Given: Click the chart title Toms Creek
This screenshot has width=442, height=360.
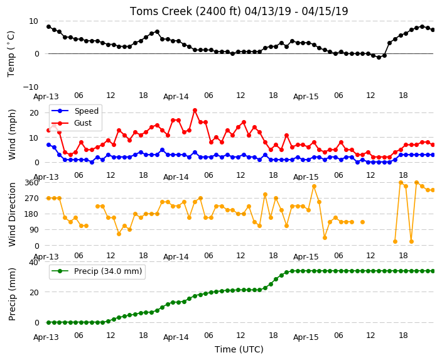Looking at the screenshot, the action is point(239,11).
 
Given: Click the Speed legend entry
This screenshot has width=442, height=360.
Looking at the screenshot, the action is point(75,111).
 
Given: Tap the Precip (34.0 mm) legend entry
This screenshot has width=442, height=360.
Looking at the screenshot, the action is point(97,271).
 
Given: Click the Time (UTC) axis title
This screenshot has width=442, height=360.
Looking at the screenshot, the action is point(239,349).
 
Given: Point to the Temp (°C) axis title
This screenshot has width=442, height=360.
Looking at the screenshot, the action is point(11,54).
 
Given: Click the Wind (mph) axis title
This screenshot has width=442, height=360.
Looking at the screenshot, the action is point(12,134).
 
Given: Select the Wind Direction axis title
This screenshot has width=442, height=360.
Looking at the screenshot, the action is point(12,214).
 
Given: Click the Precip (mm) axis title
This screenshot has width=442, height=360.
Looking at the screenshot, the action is point(12,294).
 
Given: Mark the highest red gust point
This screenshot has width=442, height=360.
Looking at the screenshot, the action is point(195,111).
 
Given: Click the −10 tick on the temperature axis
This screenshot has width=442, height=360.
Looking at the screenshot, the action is point(30,87).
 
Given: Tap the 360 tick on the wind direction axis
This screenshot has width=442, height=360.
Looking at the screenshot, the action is point(31,183).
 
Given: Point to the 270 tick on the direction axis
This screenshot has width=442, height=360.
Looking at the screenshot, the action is point(31,199).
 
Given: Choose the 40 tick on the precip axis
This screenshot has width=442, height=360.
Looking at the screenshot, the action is point(34,263).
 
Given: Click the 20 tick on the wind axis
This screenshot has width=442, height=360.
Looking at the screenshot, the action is point(34,113).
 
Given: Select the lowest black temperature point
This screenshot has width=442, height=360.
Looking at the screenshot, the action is point(379,57).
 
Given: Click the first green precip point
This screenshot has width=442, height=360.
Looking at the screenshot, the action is point(48,322).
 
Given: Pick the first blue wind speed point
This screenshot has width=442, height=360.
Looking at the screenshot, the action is point(48,145).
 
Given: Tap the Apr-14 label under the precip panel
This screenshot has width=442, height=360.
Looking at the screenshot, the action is point(176,337).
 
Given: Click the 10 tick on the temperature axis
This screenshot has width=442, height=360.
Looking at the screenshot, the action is point(34,21).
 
